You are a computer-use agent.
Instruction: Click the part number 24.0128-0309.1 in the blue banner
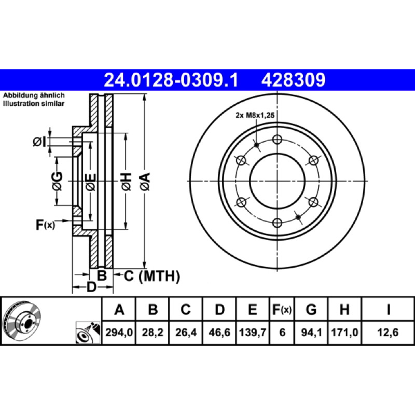point(171,80)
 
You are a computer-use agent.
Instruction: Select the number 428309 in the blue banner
point(293,80)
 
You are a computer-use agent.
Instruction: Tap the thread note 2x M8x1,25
point(255,115)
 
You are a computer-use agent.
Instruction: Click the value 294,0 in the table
point(119,333)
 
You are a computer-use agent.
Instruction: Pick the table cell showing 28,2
point(153,333)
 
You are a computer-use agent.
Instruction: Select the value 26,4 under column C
point(186,333)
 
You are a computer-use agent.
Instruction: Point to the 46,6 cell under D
point(219,333)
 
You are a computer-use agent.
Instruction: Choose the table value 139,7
point(253,333)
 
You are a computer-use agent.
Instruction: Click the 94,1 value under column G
point(311,333)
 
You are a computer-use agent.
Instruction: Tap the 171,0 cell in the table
point(344,333)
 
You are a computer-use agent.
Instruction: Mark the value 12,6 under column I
point(388,333)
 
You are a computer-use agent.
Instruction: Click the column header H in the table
point(344,309)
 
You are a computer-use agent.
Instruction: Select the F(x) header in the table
point(282,309)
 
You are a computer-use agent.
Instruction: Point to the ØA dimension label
point(145,182)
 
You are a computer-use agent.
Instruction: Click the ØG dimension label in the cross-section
point(57,181)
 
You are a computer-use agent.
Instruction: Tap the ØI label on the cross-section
point(40,142)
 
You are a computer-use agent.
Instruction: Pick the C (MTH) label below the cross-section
point(151,276)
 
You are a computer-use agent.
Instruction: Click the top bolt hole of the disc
point(277,139)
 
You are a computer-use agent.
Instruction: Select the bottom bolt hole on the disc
point(277,223)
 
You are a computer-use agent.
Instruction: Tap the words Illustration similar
point(34,103)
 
